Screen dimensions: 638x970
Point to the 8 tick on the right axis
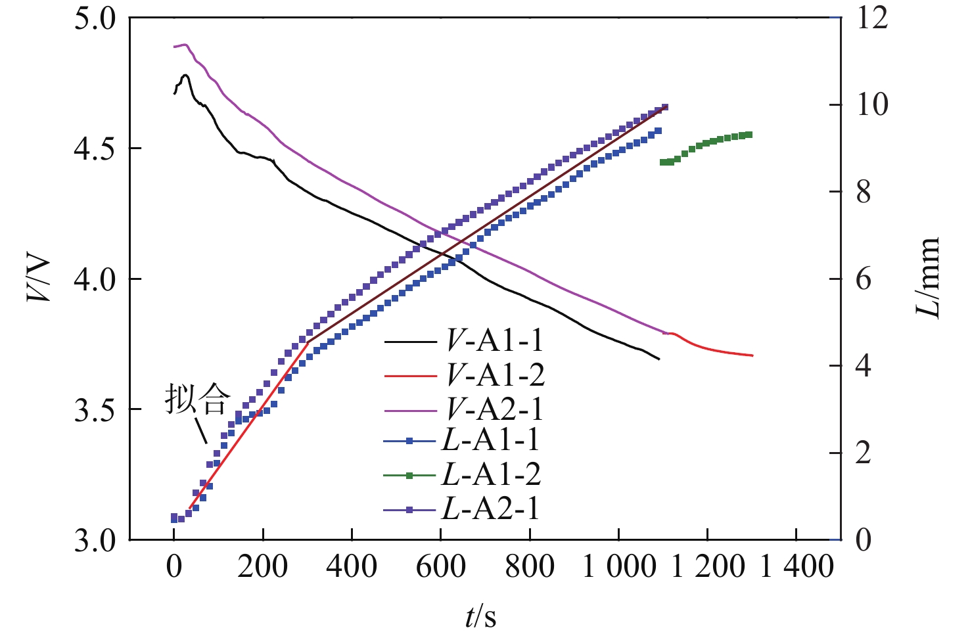[x=864, y=192]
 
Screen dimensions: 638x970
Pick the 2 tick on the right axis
[x=864, y=453]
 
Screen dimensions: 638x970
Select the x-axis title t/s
[x=481, y=616]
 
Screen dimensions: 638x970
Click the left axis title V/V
[x=39, y=279]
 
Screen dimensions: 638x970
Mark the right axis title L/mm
[x=928, y=278]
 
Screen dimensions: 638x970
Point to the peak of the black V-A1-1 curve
[x=185, y=76]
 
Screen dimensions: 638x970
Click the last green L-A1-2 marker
[x=749, y=135]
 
